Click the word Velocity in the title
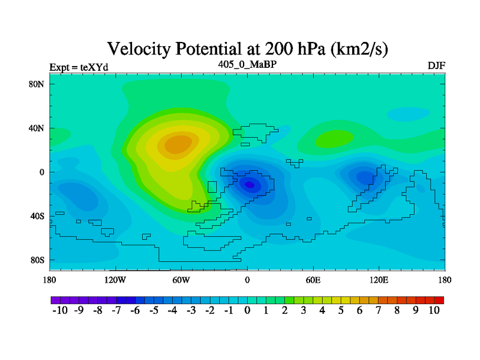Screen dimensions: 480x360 click(x=139, y=49)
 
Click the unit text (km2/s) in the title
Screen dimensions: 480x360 click(x=359, y=49)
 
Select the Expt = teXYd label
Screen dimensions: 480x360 click(x=79, y=67)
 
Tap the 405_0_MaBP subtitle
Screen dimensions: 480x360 click(x=247, y=65)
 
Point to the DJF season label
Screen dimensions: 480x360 click(x=436, y=65)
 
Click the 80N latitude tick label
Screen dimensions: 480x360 click(x=37, y=84)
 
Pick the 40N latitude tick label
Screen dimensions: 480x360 click(x=37, y=128)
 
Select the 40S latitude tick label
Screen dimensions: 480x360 click(x=37, y=216)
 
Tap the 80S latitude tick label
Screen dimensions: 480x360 click(x=37, y=260)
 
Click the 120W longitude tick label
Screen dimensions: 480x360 click(x=115, y=280)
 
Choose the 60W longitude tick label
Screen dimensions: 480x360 click(x=181, y=280)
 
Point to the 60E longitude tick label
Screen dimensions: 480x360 click(x=313, y=280)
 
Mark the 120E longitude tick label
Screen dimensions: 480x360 click(x=379, y=280)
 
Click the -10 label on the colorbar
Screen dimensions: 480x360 click(x=60, y=310)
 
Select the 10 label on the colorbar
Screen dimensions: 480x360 click(x=434, y=310)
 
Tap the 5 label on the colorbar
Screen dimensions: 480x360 click(x=341, y=310)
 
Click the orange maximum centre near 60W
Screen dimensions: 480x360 click(x=178, y=144)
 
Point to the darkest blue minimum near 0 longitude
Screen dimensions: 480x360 click(x=250, y=185)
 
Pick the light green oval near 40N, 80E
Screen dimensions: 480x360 click(x=334, y=139)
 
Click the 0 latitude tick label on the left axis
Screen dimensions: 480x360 click(x=41, y=172)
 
